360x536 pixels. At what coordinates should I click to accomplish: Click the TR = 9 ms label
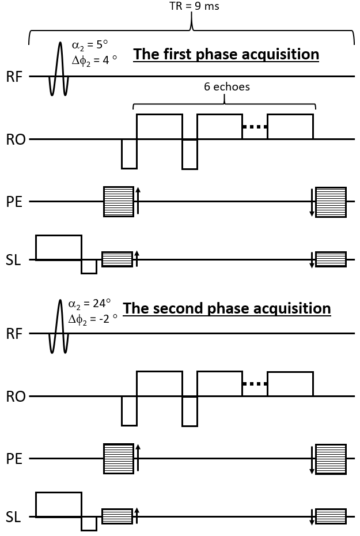click(x=194, y=6)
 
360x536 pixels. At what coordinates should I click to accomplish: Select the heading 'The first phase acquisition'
click(x=226, y=54)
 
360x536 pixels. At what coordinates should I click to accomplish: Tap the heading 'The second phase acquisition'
click(x=227, y=308)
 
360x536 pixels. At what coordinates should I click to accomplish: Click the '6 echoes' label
click(x=227, y=86)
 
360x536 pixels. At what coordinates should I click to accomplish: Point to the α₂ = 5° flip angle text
click(x=89, y=45)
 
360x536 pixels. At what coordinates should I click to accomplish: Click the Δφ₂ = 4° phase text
click(x=94, y=61)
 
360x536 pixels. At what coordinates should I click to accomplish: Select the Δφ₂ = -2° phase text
click(x=93, y=319)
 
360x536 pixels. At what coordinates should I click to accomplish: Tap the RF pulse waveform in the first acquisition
click(x=59, y=69)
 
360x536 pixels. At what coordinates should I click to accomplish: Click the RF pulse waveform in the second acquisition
click(x=59, y=326)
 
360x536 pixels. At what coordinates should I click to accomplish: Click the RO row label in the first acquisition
click(x=16, y=140)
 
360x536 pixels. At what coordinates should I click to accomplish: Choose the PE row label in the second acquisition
click(x=14, y=459)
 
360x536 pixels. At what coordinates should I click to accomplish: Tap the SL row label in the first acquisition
click(x=13, y=260)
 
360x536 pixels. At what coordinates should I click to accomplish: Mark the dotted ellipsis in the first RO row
click(x=255, y=127)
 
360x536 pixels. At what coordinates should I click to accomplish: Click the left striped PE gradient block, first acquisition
click(x=119, y=202)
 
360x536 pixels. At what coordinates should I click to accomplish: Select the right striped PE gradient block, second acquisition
click(x=331, y=459)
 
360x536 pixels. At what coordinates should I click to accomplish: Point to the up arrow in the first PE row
click(x=138, y=201)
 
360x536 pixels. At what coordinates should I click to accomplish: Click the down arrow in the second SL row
click(x=312, y=517)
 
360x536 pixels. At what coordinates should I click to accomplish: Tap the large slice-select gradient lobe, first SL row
click(x=59, y=247)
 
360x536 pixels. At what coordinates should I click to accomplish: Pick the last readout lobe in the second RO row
click(x=290, y=384)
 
